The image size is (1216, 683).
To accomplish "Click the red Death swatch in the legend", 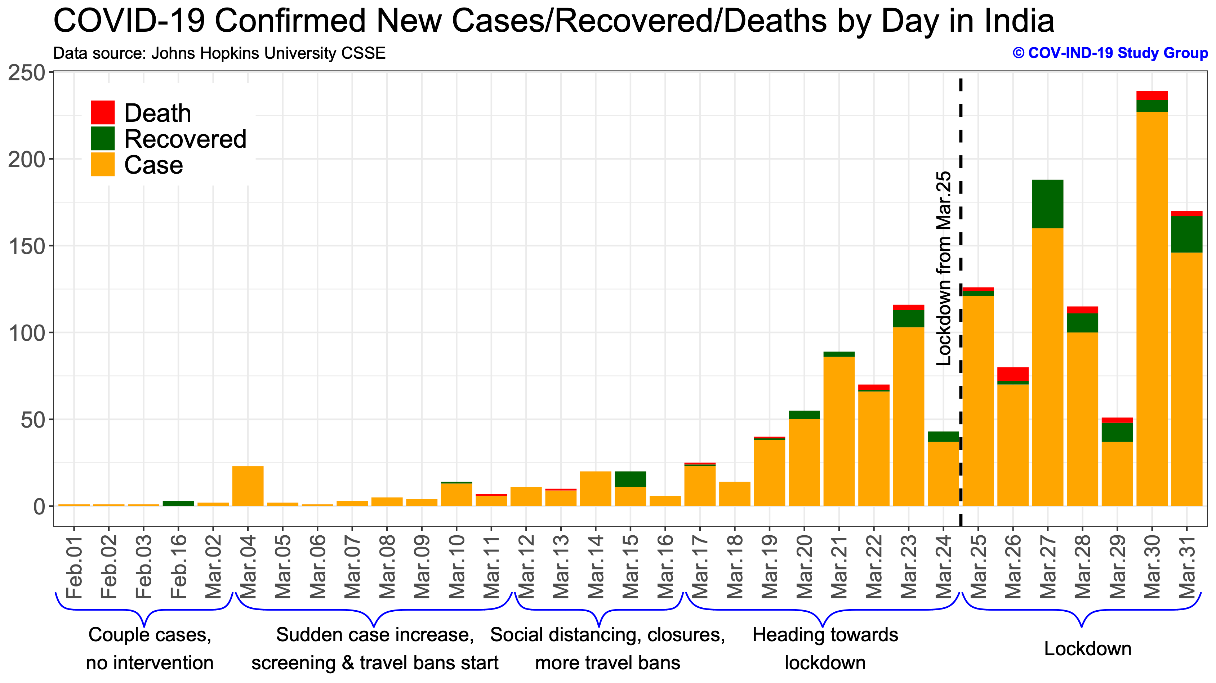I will click(102, 112).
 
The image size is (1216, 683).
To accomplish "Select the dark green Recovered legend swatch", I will click(102, 138).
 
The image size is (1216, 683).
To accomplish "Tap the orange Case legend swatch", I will click(102, 164).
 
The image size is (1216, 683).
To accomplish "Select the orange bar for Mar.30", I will click(1152, 307).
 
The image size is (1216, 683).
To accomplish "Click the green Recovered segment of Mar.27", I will click(1047, 204).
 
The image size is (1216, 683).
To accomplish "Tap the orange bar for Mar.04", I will click(248, 486).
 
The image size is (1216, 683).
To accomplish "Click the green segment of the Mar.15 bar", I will click(630, 479).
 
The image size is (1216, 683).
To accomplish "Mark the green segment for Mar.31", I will click(1187, 234).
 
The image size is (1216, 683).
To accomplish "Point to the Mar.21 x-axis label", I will click(839, 566).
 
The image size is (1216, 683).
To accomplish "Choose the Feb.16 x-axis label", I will click(178, 566).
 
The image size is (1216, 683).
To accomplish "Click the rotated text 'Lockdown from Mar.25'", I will click(943, 268).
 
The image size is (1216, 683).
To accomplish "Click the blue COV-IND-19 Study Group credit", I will click(1110, 53).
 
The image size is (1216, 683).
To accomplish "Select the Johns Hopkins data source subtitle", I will click(219, 53).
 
